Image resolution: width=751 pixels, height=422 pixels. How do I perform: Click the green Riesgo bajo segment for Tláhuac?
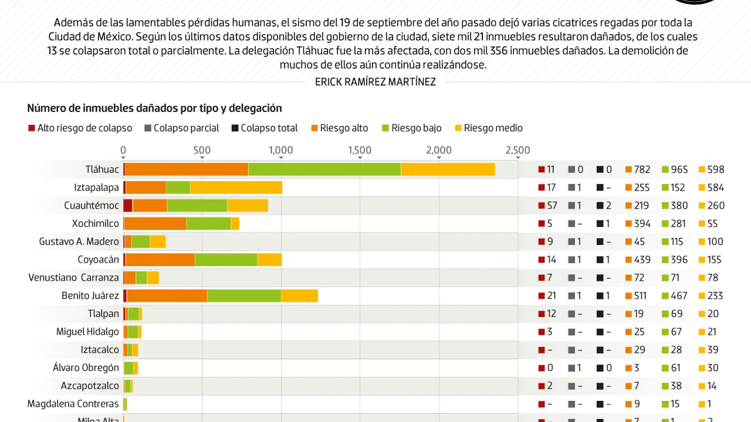click(x=324, y=169)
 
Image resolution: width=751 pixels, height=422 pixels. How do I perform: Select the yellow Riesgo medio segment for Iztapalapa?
click(x=236, y=187)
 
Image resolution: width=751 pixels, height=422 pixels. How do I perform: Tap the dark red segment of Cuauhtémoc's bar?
click(x=128, y=205)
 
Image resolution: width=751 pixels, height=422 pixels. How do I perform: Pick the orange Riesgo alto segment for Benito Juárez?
click(x=167, y=296)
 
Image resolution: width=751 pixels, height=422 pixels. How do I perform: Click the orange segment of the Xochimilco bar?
click(x=155, y=224)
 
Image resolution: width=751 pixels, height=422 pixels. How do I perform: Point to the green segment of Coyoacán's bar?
click(x=226, y=260)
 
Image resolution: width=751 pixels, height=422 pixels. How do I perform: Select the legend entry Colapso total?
click(x=264, y=128)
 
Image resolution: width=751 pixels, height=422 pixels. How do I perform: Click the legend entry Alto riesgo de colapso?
click(x=80, y=128)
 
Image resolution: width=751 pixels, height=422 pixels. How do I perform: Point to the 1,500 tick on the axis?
click(x=360, y=150)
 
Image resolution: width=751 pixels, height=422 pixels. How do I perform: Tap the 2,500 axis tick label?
click(x=517, y=150)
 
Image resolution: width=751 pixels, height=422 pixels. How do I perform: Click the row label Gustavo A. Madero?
click(x=79, y=241)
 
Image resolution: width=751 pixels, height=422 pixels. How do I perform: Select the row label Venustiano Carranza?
click(x=74, y=277)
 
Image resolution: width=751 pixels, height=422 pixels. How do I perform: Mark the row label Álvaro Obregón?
click(x=86, y=367)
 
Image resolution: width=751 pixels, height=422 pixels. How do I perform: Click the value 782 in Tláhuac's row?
click(x=642, y=170)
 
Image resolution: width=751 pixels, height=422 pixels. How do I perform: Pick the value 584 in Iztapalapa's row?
click(x=715, y=187)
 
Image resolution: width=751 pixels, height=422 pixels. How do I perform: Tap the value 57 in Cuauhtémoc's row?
click(x=552, y=205)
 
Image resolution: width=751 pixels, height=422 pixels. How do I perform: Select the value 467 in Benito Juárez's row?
click(x=679, y=296)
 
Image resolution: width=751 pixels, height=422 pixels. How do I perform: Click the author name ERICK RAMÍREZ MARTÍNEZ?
click(x=375, y=82)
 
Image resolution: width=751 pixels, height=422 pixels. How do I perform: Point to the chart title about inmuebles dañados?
click(x=155, y=108)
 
